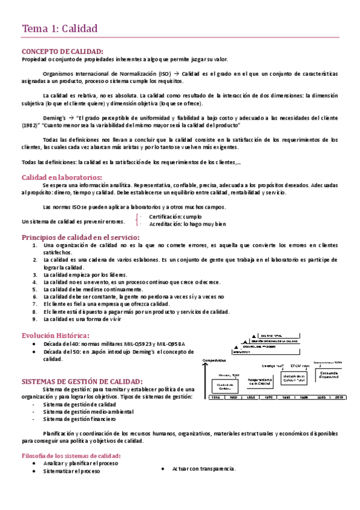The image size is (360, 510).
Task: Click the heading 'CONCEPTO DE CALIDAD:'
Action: [62, 51]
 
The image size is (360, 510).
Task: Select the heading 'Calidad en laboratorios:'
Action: [62, 177]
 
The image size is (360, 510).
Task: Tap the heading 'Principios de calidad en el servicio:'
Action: [81, 238]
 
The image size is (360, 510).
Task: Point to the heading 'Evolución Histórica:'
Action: [56, 335]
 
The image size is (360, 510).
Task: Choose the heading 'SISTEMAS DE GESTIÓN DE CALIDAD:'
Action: [82, 381]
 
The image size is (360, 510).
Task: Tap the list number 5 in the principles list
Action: [35, 289]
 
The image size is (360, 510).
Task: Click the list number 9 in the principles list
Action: [35, 319]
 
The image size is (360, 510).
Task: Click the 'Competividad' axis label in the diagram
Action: [215, 360]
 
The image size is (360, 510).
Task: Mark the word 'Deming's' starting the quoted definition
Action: [55, 117]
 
